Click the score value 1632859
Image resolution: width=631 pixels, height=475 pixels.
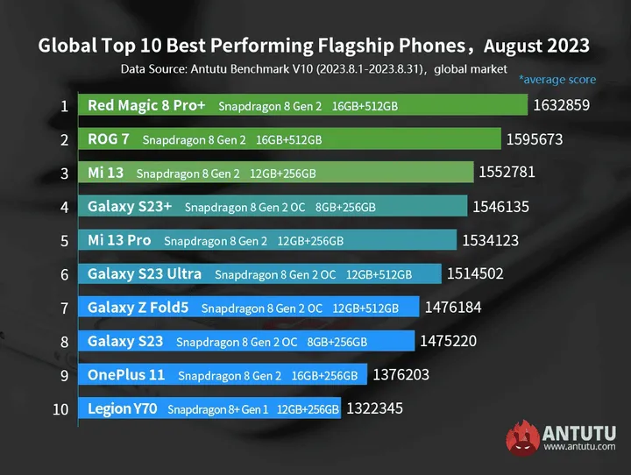[561, 106]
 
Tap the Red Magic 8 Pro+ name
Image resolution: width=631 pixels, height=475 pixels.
[146, 105]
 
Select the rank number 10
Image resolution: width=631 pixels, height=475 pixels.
[60, 408]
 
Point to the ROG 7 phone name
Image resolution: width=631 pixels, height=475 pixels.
[109, 138]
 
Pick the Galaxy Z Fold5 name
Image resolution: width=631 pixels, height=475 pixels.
[139, 307]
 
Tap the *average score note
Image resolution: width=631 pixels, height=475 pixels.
[557, 80]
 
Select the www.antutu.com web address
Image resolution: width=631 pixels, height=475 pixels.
[579, 447]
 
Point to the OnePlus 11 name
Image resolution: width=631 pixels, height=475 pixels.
[126, 374]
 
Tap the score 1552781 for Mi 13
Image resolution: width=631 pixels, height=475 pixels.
[507, 173]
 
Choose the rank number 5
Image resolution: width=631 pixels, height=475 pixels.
[65, 240]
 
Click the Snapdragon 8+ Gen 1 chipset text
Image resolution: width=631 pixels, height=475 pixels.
[217, 408]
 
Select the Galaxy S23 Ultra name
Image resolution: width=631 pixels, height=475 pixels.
[145, 273]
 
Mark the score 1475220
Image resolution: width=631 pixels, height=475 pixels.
[449, 340]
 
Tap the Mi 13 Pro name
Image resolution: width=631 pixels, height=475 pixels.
[119, 240]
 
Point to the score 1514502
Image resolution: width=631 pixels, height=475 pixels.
[475, 273]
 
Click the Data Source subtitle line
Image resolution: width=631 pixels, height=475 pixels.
[314, 69]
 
